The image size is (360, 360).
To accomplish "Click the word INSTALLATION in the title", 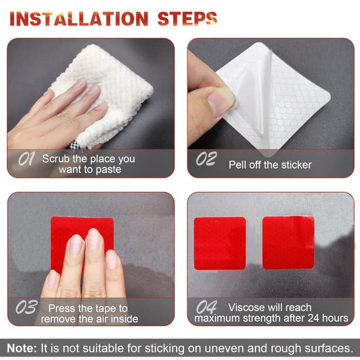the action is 79,19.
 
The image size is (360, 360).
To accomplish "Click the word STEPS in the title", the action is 187,19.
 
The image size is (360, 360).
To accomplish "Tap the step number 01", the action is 26,159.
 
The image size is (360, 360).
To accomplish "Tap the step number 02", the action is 206,159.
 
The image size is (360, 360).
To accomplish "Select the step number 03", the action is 26,307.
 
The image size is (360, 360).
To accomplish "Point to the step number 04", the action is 206,307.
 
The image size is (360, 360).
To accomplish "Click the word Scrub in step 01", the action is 56,159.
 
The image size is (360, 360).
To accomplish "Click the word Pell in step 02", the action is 237,165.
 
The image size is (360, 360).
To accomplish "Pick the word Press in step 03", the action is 61,308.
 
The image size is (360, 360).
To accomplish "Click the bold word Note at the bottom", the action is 21,348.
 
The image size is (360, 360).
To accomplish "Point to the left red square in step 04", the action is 220,243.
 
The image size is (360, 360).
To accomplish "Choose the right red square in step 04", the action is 289,242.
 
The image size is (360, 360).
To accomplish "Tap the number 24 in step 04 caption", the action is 314,318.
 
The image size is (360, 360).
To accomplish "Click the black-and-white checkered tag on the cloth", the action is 75,145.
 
